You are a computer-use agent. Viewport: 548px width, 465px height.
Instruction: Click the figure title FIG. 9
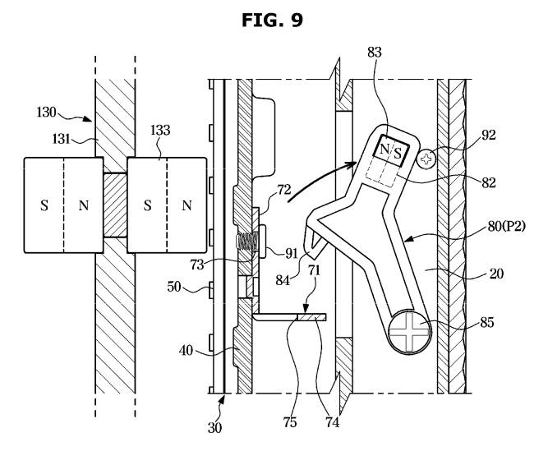(x=272, y=21)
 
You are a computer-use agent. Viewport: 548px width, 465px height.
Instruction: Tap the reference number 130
(x=46, y=113)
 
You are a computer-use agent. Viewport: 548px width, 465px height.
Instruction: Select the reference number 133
(x=160, y=131)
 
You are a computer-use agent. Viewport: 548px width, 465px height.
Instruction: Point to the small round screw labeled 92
(x=426, y=159)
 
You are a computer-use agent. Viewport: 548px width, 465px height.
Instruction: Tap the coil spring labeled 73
(x=247, y=242)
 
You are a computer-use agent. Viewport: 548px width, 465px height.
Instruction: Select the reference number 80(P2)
(x=506, y=227)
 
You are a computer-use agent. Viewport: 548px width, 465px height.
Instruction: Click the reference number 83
(x=375, y=53)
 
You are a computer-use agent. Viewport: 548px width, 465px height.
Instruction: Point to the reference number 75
(x=290, y=422)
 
